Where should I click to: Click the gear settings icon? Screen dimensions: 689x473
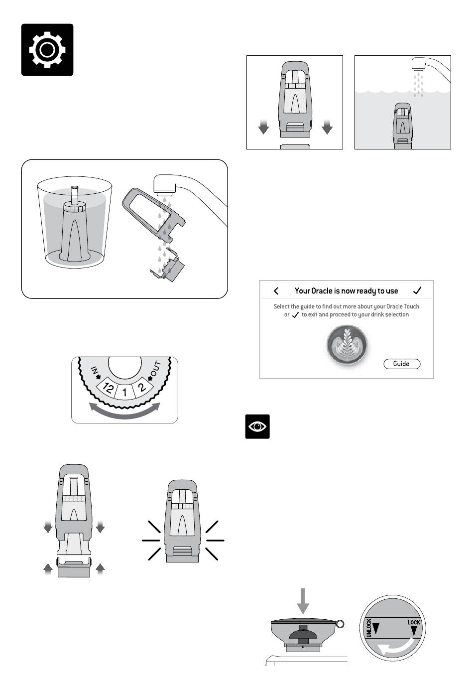pos(47,50)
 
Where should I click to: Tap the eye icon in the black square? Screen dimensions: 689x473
pos(257,426)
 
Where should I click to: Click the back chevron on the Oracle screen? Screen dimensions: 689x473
pos(276,291)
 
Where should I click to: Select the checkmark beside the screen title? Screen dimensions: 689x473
pos(417,290)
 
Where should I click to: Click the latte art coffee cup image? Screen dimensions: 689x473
pos(347,345)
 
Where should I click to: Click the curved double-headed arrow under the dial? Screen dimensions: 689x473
pos(124,412)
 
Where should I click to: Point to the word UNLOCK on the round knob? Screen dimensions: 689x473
pos(369,628)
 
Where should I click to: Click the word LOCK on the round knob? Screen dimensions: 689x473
pos(414,622)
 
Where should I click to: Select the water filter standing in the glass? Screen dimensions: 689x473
pos(74,227)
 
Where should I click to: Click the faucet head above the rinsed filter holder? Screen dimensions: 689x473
pos(164,185)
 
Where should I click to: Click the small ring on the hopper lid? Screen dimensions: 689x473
pos(340,624)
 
